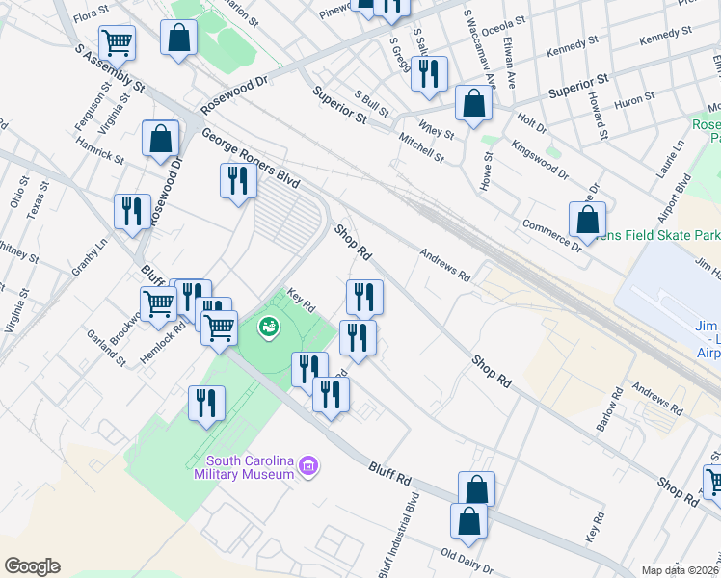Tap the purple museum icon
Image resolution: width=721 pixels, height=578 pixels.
tap(309, 468)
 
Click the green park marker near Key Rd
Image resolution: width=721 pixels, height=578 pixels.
tap(268, 328)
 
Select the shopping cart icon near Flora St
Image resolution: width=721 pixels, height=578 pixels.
tap(117, 41)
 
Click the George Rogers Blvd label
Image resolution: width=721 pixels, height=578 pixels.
tap(251, 159)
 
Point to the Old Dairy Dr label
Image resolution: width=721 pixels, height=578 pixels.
tap(467, 558)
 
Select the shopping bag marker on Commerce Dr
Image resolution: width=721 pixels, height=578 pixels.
tap(587, 221)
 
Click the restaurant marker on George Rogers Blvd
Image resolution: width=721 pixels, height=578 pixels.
tap(237, 180)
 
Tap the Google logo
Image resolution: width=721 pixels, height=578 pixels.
tap(33, 566)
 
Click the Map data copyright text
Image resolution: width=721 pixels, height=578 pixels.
tap(680, 570)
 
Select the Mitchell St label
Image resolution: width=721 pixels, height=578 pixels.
tap(422, 148)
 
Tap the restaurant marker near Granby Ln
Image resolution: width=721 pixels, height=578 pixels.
tap(132, 212)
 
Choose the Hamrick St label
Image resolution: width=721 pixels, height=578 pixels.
tap(99, 150)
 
